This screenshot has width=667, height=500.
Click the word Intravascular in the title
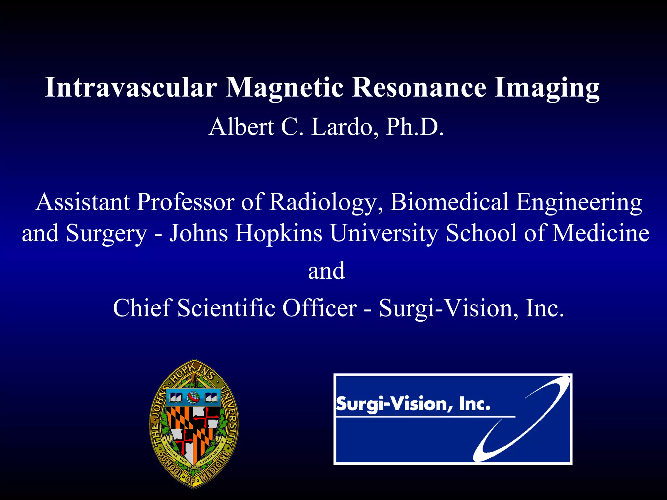tap(131, 87)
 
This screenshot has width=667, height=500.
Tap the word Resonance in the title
tap(419, 87)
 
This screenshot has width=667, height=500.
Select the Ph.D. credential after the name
tap(415, 127)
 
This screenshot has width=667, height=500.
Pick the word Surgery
tap(106, 234)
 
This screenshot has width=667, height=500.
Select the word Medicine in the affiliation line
tap(601, 233)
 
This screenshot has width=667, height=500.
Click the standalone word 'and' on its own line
tap(326, 271)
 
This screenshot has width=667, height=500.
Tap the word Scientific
tap(226, 308)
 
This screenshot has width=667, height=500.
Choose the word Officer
tap(319, 308)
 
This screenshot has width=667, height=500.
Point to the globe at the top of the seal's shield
tap(193, 397)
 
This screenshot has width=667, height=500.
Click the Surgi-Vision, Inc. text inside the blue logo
tap(413, 404)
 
